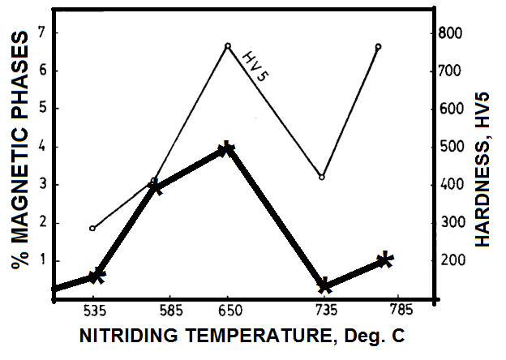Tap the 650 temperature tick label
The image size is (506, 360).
pos(229,311)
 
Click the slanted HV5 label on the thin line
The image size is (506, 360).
pos(255,66)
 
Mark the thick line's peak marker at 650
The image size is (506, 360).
pos(226,149)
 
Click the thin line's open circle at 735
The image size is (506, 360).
pos(323,177)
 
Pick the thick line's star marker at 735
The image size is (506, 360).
pos(324,285)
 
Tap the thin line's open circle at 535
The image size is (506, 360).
pos(92,228)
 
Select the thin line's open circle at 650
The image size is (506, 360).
pos(228,46)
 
